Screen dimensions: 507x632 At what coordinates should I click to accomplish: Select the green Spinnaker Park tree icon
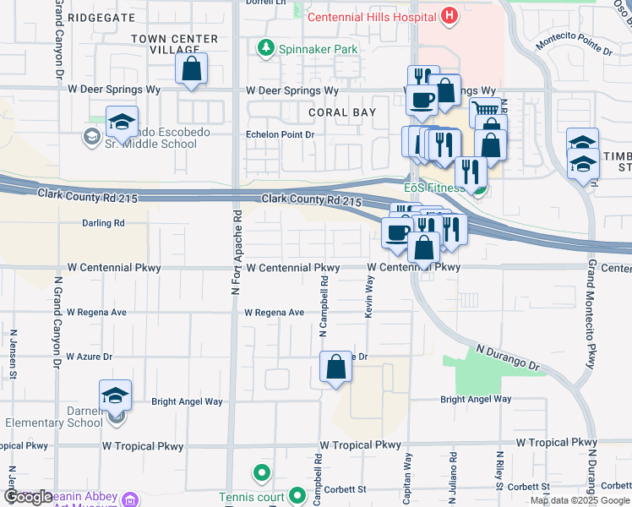[x=267, y=49]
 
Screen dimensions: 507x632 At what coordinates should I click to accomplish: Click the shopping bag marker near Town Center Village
[x=192, y=68]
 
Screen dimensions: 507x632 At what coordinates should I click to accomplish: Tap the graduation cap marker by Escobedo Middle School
[x=122, y=121]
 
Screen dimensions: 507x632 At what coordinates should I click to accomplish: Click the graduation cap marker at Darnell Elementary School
[x=115, y=395]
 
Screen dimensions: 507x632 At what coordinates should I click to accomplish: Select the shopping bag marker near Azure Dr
[x=335, y=367]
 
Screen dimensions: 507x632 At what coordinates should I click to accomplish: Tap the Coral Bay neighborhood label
[x=341, y=112]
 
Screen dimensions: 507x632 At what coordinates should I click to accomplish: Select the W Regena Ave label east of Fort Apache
[x=274, y=313]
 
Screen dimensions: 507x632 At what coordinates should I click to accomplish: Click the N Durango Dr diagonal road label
[x=507, y=357]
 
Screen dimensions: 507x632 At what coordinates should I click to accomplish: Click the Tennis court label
[x=252, y=497]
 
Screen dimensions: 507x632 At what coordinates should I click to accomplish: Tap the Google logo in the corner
[x=28, y=497]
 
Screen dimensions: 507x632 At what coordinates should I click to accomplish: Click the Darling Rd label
[x=103, y=224]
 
